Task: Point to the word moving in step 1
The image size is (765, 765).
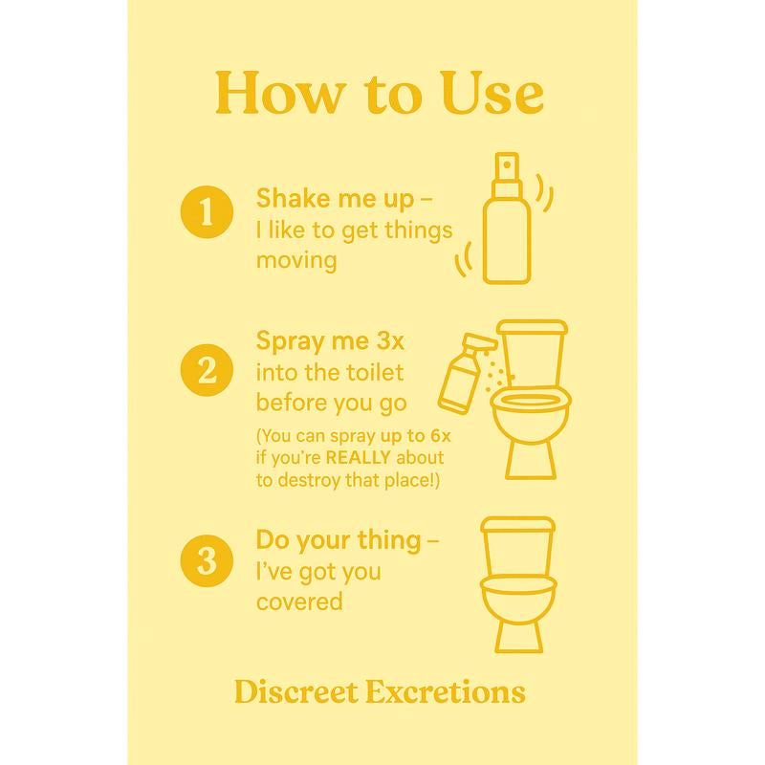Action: (296, 260)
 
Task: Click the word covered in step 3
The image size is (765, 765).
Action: (299, 602)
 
